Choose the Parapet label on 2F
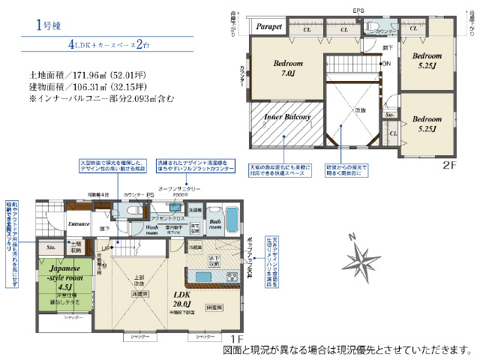click(268, 27)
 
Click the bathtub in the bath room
click(233, 222)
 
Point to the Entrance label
click(79, 223)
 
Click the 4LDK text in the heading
click(84, 44)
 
